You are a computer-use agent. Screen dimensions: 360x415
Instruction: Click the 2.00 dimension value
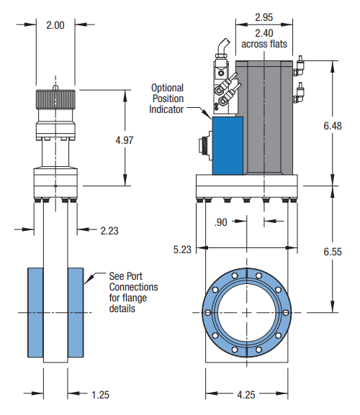55,25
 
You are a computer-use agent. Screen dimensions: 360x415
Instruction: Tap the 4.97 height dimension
125,140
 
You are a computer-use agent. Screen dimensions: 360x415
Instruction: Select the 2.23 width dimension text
109,231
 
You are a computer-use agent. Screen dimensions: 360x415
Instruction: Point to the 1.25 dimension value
100,395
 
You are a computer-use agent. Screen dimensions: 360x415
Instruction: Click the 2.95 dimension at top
264,17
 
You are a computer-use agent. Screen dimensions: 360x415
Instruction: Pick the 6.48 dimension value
333,126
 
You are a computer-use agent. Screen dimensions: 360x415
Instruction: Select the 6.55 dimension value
333,252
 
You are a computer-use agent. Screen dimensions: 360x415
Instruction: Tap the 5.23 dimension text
182,250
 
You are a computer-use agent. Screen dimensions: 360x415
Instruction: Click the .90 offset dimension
220,222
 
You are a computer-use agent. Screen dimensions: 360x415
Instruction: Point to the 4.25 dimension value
246,395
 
